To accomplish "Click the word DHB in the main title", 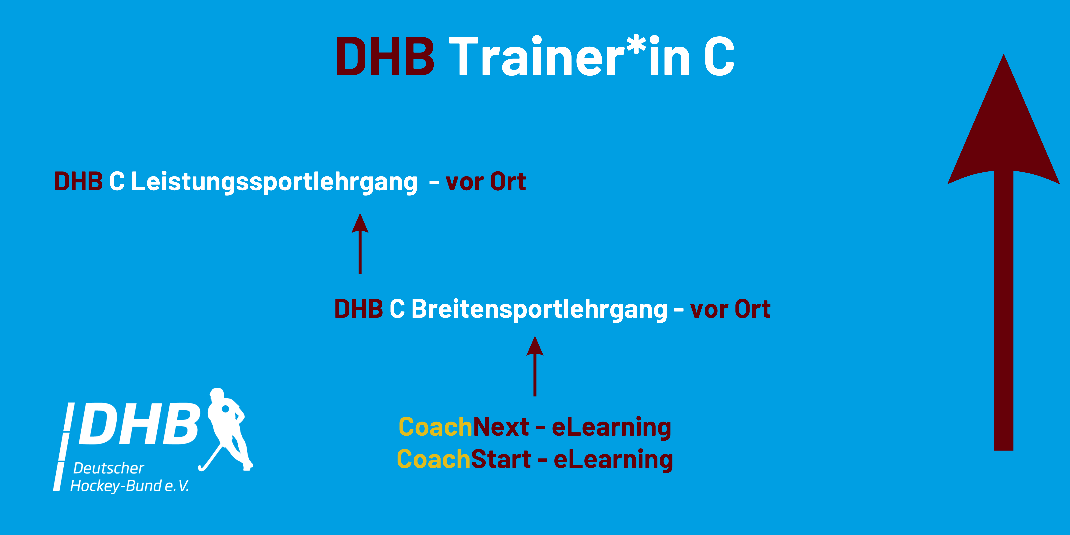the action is coord(385,57).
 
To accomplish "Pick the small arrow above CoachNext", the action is coord(535,366).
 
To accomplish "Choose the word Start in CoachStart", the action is coord(501,459).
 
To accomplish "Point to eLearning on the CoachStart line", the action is coord(613,460).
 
